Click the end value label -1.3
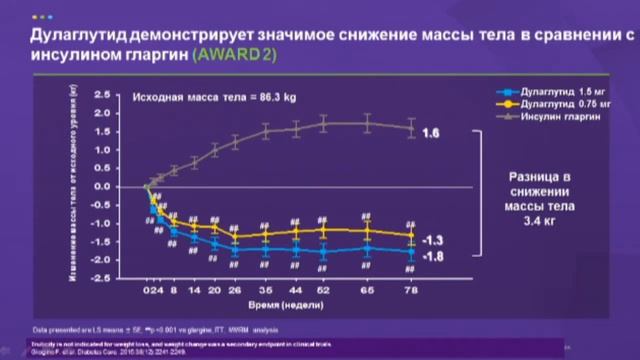point(431,241)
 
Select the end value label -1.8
point(431,258)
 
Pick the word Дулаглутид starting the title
point(71,33)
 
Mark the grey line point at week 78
point(410,127)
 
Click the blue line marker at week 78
point(410,252)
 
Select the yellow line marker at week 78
point(410,235)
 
